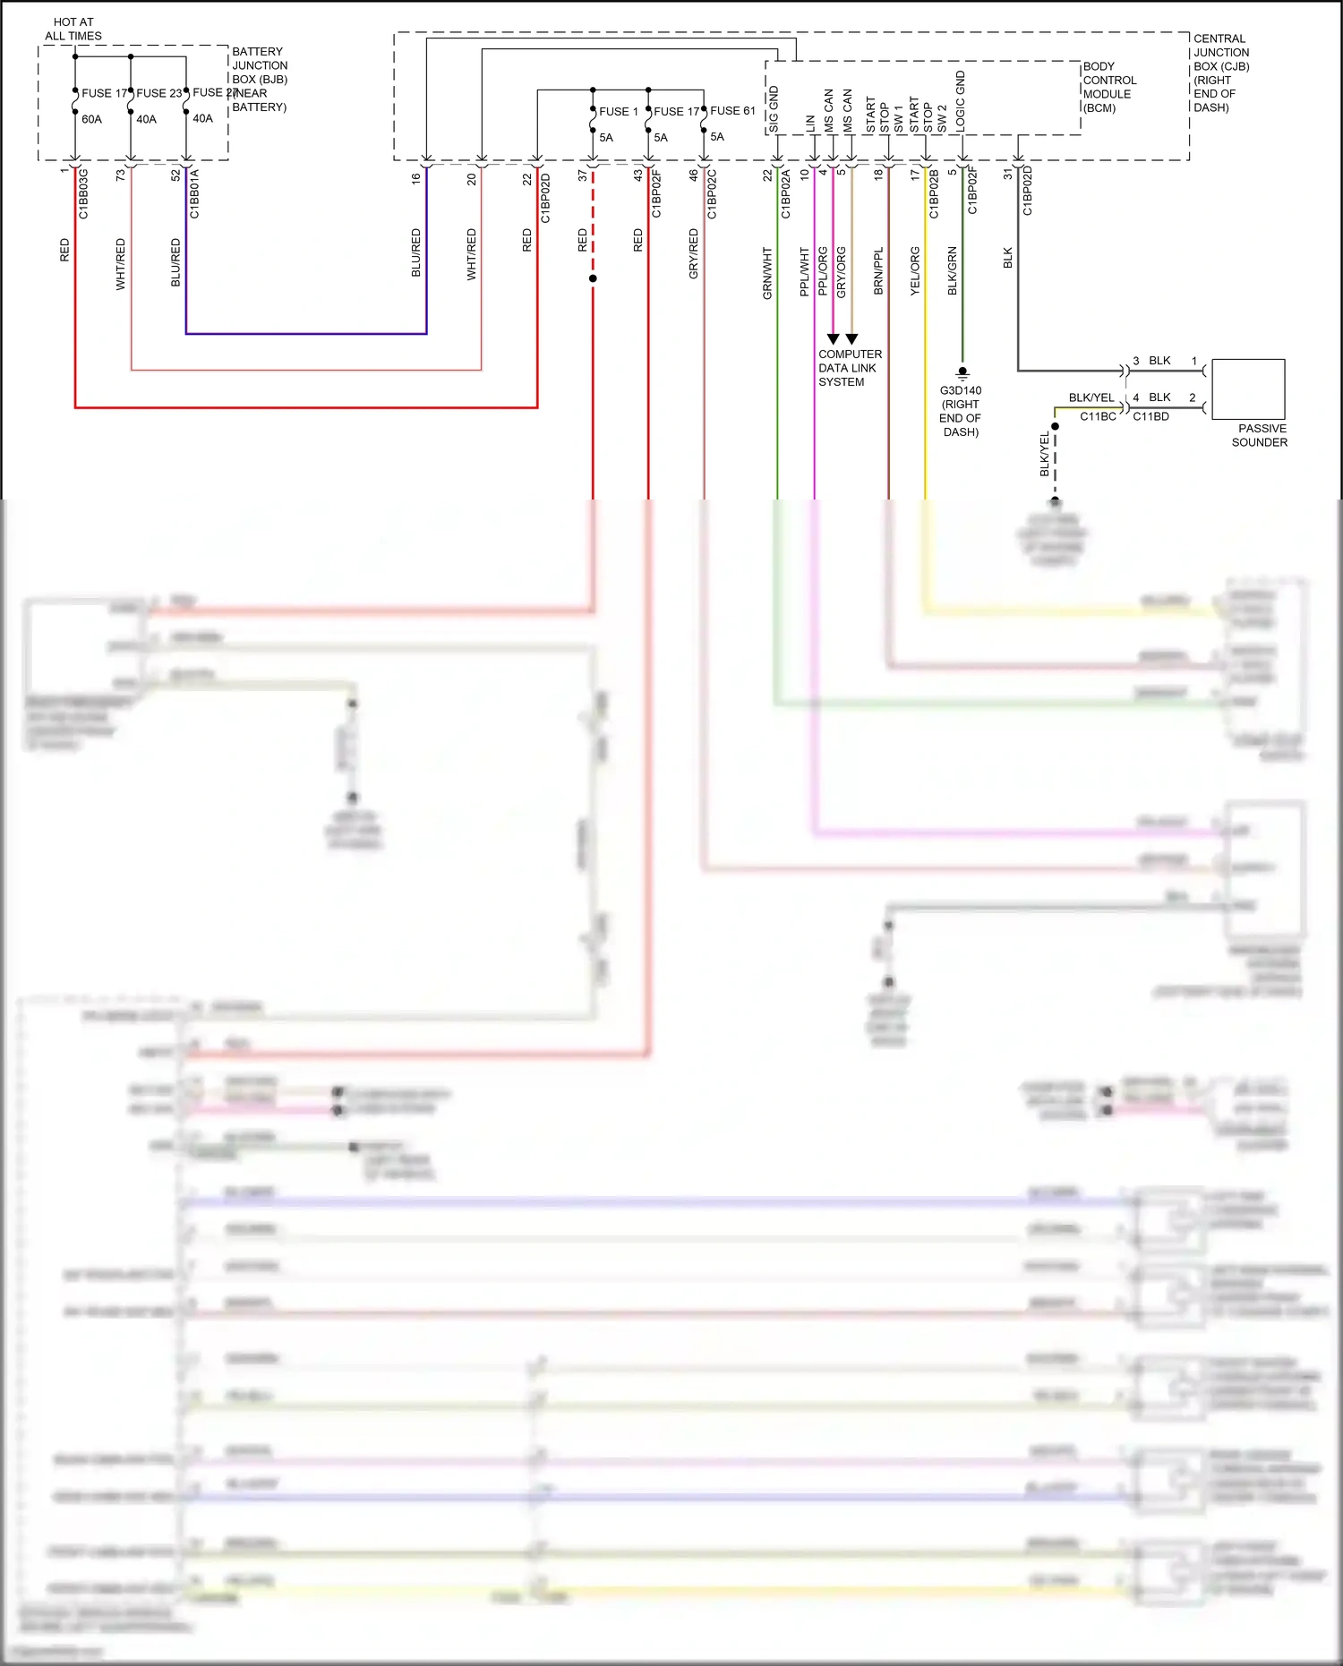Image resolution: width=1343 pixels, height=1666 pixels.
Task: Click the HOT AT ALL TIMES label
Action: click(x=73, y=29)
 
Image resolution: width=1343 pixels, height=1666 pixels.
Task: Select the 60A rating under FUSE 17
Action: click(x=91, y=119)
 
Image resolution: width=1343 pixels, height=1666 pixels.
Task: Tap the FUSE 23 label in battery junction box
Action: click(x=158, y=93)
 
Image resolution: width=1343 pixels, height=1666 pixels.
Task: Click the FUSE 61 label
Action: click(x=732, y=111)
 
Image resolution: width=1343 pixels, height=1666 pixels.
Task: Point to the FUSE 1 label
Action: click(x=619, y=111)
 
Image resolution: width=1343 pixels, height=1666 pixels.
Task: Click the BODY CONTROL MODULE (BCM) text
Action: click(x=1109, y=87)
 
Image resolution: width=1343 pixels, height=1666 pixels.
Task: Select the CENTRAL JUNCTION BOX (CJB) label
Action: click(x=1220, y=73)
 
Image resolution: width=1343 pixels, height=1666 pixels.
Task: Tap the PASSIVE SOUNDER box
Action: click(x=1248, y=389)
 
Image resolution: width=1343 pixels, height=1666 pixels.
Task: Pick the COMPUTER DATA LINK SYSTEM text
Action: click(x=849, y=368)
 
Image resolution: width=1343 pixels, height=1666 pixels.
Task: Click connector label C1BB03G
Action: click(x=83, y=193)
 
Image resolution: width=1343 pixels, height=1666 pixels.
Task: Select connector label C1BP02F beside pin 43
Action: click(x=655, y=193)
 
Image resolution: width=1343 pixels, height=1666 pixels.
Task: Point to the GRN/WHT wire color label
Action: click(x=767, y=273)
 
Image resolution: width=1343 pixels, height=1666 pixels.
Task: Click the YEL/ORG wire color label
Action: click(x=915, y=271)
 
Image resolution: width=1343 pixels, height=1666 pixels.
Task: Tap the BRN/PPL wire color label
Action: click(x=878, y=271)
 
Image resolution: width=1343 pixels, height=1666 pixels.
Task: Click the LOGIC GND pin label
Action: click(x=961, y=101)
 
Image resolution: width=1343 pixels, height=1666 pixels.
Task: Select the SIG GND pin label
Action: click(x=774, y=109)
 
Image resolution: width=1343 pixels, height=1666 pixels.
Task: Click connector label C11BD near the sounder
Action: click(x=1151, y=416)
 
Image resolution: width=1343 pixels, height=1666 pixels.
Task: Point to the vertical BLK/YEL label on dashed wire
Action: click(x=1044, y=454)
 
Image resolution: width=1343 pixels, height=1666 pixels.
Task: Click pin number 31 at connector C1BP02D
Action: click(x=1007, y=174)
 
